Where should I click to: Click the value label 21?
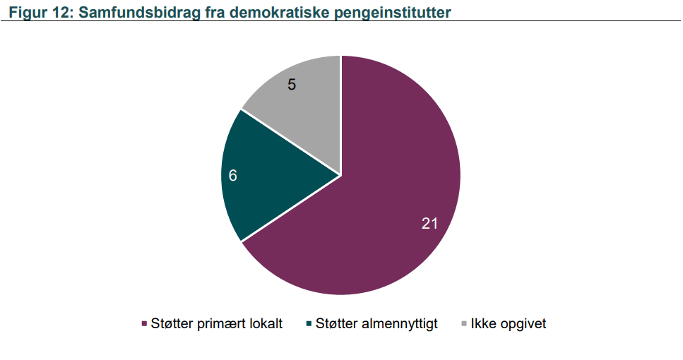(429, 223)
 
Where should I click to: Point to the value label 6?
(232, 176)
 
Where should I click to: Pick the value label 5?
(292, 85)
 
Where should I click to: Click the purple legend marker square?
(144, 324)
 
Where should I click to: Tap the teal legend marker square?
(309, 324)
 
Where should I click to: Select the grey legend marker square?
(464, 324)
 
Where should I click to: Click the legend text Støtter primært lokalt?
(217, 324)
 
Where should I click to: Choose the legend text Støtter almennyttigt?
(376, 324)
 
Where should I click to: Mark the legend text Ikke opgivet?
(509, 324)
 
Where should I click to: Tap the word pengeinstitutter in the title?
(393, 13)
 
